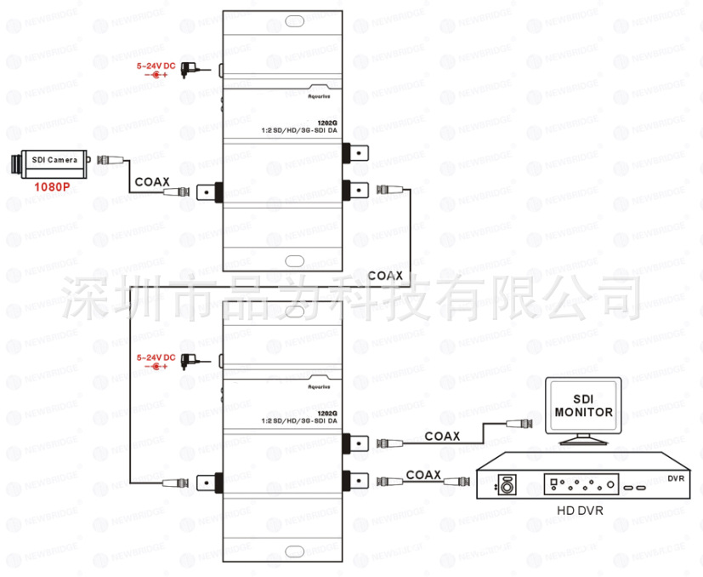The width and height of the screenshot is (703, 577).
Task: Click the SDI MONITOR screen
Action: [x=583, y=406]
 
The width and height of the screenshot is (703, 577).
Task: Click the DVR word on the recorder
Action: [x=677, y=478]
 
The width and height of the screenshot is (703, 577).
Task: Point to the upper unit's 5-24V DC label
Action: [x=156, y=66]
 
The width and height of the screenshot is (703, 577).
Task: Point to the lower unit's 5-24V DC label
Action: [x=156, y=357]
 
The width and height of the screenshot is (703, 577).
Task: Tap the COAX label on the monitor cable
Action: [x=442, y=436]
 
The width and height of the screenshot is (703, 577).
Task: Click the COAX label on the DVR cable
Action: [x=423, y=473]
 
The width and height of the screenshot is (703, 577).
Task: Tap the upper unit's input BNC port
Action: [x=209, y=192]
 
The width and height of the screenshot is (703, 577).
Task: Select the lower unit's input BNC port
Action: [x=209, y=482]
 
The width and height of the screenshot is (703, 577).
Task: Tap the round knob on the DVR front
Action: [x=507, y=485]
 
